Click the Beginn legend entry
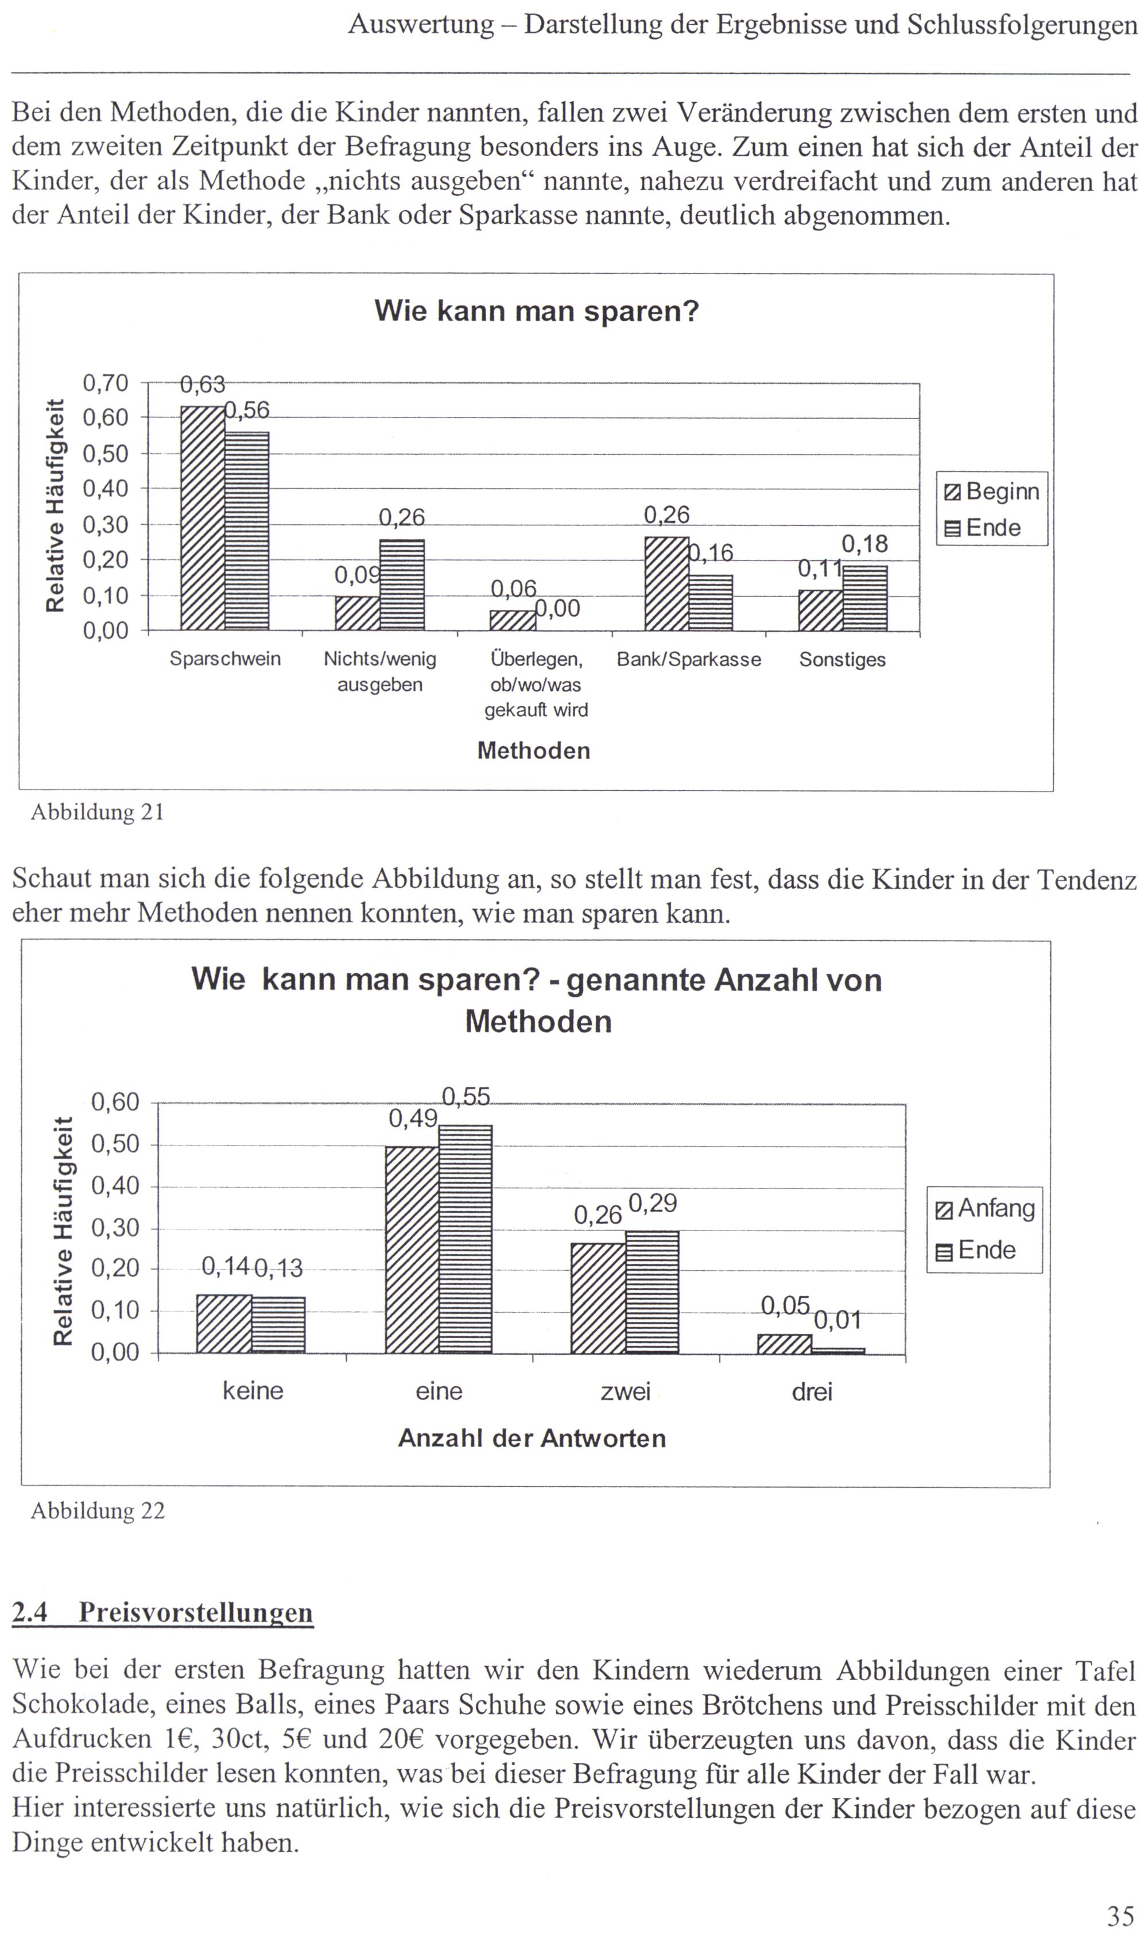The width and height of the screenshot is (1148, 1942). coord(992,492)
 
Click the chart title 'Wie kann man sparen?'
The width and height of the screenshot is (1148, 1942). coord(536,311)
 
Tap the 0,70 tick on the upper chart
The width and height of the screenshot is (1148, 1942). coord(105,383)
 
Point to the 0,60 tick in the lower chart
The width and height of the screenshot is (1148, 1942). coord(115,1102)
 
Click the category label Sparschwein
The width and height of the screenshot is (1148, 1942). coord(225,659)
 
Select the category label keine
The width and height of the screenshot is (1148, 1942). coord(253,1391)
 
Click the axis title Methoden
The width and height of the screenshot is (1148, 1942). coord(534,751)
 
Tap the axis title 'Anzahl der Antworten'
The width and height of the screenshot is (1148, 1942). coord(532,1438)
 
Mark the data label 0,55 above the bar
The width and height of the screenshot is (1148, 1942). coord(466,1096)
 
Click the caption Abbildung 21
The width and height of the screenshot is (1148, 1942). coord(98,813)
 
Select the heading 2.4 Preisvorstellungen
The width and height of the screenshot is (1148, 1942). coord(162,1612)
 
